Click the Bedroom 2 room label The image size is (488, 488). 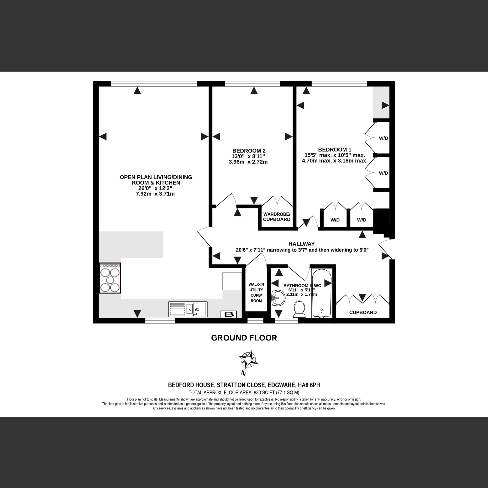click(249, 151)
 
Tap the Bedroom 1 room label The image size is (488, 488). click(334, 150)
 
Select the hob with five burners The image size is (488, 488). click(110, 278)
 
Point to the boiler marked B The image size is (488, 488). click(229, 314)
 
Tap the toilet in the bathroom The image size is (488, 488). click(299, 309)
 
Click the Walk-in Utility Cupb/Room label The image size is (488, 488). click(256, 293)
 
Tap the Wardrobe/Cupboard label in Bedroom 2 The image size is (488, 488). click(277, 217)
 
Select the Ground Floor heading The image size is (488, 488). click(244, 338)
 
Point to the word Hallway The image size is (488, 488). click(301, 244)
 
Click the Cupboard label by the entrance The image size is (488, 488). click(363, 312)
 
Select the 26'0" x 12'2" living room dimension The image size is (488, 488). click(155, 189)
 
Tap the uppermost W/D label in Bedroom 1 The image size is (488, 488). click(383, 138)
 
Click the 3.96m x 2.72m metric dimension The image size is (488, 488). click(248, 162)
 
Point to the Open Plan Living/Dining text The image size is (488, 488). click(156, 177)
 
